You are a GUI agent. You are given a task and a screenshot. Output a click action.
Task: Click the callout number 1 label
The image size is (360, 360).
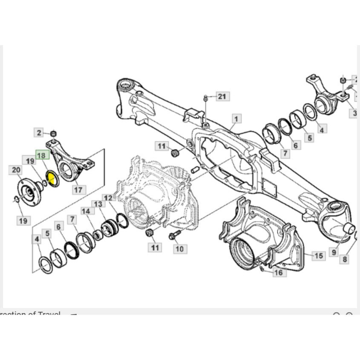[x=235, y=118]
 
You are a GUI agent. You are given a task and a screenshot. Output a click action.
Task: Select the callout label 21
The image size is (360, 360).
[x=221, y=96]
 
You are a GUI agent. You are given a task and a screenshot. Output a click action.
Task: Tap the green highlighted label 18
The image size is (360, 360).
[x=41, y=155]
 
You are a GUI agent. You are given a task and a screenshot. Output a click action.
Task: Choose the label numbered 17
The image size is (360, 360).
[x=78, y=190]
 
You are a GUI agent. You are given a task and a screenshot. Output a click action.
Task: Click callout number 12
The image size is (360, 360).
[x=107, y=197]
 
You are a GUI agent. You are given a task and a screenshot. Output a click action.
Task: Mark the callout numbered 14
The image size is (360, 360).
[x=85, y=211]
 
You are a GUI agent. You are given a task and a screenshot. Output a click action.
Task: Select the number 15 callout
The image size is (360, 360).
[x=319, y=255]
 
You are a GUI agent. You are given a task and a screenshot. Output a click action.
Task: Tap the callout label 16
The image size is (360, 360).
[x=278, y=273]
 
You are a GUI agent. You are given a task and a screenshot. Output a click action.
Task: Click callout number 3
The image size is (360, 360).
[x=354, y=113]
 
